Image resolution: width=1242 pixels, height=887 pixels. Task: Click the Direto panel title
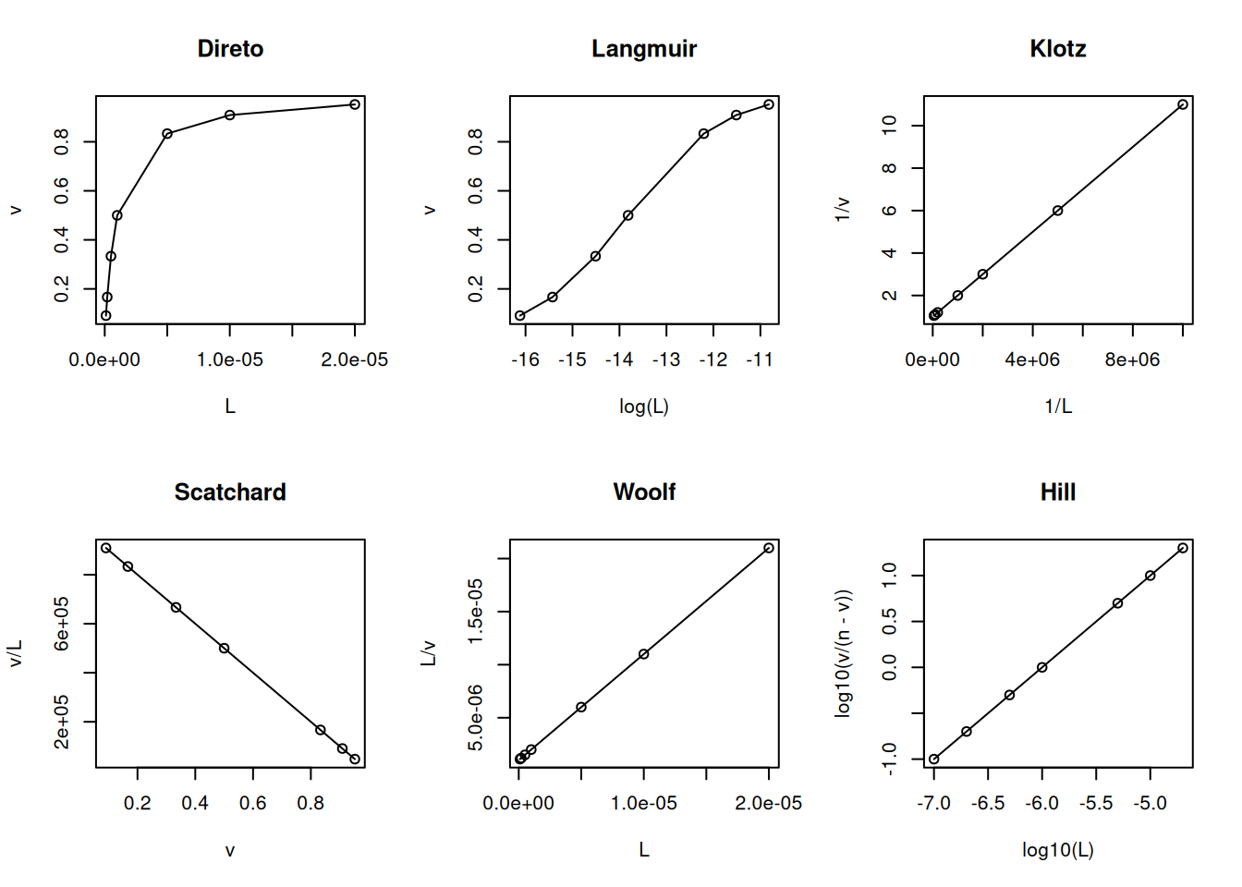coord(230,49)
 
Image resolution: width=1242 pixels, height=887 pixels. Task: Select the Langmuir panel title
coord(644,49)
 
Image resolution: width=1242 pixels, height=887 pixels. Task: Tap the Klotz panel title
coord(1058,49)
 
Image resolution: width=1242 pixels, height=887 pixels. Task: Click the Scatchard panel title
coord(230,492)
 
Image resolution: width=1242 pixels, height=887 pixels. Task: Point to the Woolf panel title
coord(644,492)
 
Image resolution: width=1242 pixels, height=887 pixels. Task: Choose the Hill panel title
coord(1058,492)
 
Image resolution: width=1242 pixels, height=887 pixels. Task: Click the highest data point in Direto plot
coord(355,104)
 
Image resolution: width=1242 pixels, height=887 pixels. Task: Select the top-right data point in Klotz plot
coord(1183,104)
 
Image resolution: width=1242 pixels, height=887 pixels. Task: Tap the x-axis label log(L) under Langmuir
coord(644,407)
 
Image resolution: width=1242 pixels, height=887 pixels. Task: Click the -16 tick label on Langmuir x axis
coord(525,360)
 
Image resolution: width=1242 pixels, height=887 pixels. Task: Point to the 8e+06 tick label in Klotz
coord(1132,360)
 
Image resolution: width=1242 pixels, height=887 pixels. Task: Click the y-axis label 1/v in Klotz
coord(842,210)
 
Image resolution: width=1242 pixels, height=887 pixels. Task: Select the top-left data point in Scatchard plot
coord(106,548)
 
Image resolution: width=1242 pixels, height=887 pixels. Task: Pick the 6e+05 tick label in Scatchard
coord(62,623)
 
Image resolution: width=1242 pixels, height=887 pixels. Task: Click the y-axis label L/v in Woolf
coord(428,653)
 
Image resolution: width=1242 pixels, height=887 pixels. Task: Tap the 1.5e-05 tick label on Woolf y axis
coord(476,611)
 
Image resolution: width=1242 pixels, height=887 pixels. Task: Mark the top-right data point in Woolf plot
coord(769,548)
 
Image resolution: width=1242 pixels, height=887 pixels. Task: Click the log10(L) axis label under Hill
coord(1058,850)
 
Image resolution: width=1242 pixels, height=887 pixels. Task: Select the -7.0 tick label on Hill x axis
coord(933,804)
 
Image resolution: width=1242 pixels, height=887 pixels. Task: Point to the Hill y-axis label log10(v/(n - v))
coord(842,653)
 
